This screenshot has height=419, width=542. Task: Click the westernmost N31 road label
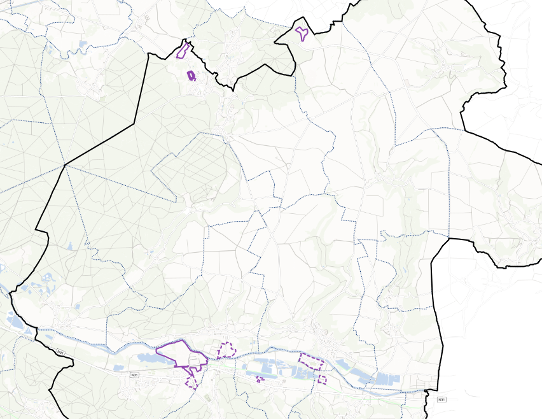click(60, 352)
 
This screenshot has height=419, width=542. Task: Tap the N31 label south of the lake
click(134, 376)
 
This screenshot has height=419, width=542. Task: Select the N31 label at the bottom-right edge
click(441, 400)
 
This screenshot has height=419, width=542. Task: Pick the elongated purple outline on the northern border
click(184, 50)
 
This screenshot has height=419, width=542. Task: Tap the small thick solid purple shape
click(191, 76)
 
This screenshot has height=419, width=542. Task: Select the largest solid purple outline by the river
click(182, 354)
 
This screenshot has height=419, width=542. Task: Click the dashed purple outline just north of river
click(226, 350)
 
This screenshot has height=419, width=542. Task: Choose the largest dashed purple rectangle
click(311, 362)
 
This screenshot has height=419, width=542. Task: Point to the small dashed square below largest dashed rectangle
click(322, 380)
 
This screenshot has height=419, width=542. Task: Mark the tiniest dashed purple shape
click(260, 380)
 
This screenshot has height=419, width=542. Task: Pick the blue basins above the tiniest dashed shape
click(267, 367)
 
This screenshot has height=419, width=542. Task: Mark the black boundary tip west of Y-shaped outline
click(276, 43)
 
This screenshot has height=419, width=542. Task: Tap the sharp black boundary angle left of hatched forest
click(66, 165)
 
